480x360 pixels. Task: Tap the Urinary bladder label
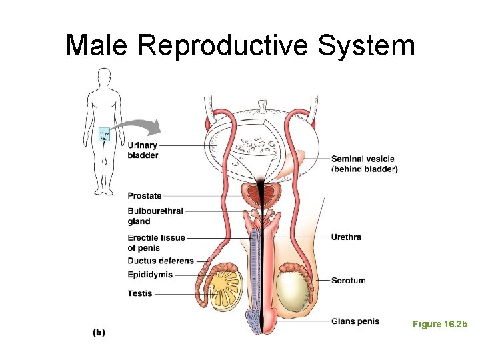pyautogui.click(x=143, y=151)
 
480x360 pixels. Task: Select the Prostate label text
pyautogui.click(x=145, y=196)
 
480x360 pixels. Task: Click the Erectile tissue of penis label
pyautogui.click(x=156, y=243)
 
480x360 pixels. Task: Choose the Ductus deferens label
pyautogui.click(x=161, y=261)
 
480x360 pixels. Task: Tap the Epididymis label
pyautogui.click(x=150, y=275)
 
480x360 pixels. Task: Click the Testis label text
pyautogui.click(x=140, y=293)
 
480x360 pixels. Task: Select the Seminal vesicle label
pyautogui.click(x=364, y=164)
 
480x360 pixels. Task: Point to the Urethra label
pyautogui.click(x=346, y=237)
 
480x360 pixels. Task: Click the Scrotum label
pyautogui.click(x=349, y=281)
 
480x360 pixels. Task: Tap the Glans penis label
pyautogui.click(x=355, y=321)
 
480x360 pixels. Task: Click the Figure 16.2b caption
pyautogui.click(x=440, y=324)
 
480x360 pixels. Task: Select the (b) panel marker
pyautogui.click(x=99, y=331)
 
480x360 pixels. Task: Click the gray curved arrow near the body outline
pyautogui.click(x=137, y=126)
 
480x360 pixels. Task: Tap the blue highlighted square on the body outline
pyautogui.click(x=104, y=135)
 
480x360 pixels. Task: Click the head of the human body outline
pyautogui.click(x=104, y=76)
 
